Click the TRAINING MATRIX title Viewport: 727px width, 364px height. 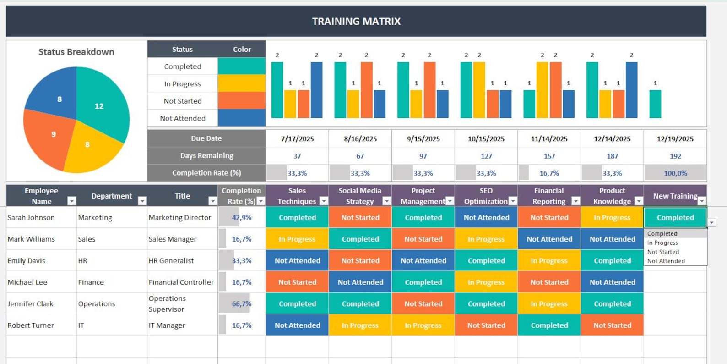coord(356,21)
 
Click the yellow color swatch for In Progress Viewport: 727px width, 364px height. coord(241,83)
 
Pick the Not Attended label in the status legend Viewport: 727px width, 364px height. coord(183,118)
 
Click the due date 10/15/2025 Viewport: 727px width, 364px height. coord(486,138)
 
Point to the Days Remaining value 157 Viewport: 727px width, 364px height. coord(549,156)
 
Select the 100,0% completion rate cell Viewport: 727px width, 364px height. coord(675,173)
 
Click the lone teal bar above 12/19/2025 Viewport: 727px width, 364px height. coord(655,104)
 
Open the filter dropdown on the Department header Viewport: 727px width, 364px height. coord(142,201)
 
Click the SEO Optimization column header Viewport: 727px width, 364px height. coord(486,196)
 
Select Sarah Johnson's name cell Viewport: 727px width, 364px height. coord(31,217)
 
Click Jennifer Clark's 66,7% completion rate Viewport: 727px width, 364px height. coord(241,303)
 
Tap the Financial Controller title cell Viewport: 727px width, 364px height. coord(181,282)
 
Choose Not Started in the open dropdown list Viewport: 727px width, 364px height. coord(663,252)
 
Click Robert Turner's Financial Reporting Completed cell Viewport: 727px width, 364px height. coord(549,325)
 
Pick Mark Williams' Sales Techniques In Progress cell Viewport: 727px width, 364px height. coord(297,239)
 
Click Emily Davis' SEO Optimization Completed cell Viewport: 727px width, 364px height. coord(486,260)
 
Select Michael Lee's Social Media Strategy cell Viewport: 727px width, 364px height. coord(360,282)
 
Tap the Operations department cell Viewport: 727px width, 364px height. coord(97,303)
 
